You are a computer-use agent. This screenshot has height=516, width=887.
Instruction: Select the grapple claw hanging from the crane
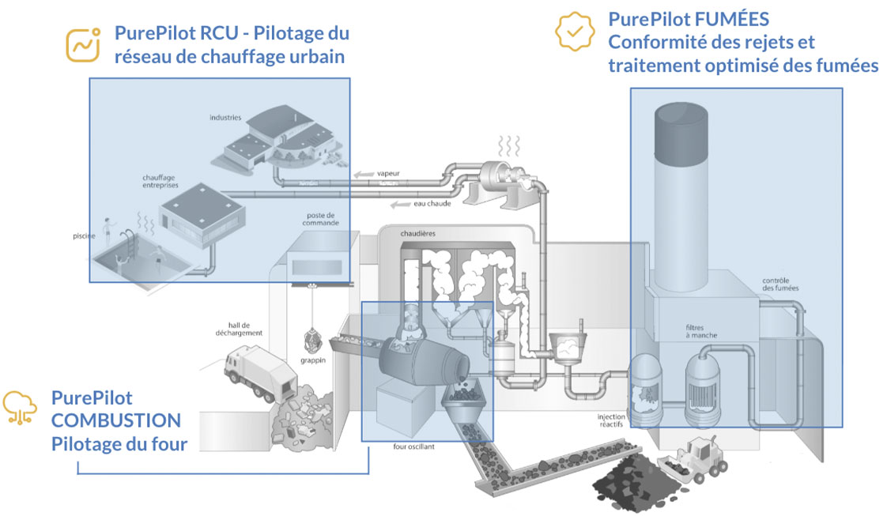coord(312,340)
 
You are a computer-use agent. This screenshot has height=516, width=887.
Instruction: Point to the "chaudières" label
coord(417,234)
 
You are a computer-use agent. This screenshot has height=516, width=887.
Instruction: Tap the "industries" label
coord(225,118)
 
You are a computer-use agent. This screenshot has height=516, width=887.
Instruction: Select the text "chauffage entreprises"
coord(160,180)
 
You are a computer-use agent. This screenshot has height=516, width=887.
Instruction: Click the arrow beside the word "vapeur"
coord(363,175)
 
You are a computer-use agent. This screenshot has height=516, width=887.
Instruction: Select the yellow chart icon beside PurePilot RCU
coord(82,44)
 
